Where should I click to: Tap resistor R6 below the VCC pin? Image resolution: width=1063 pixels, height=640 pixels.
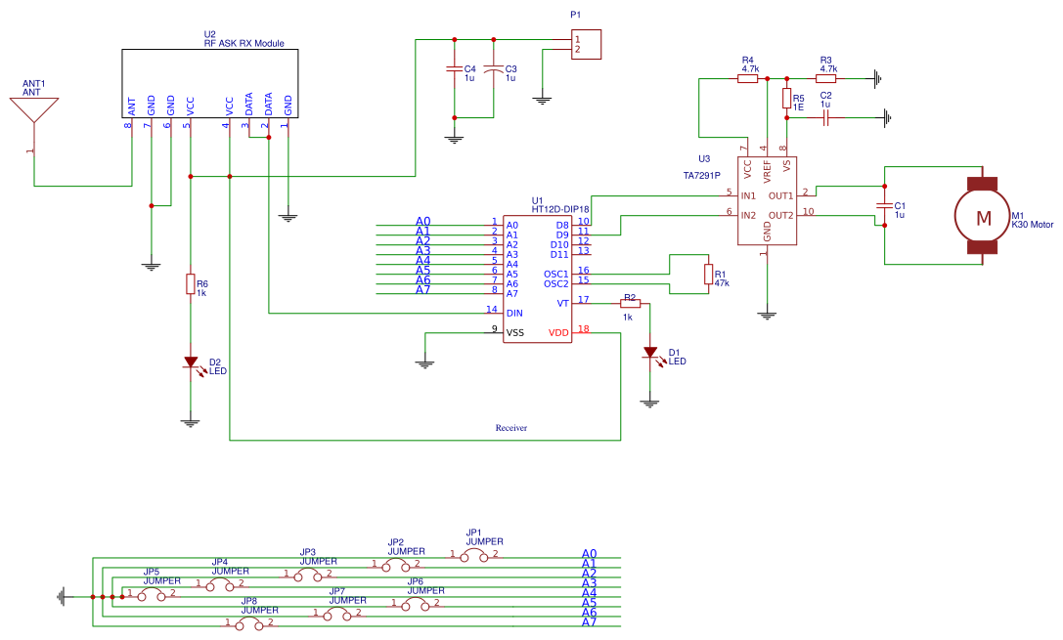(x=190, y=284)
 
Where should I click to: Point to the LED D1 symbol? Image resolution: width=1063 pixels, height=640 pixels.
(x=649, y=353)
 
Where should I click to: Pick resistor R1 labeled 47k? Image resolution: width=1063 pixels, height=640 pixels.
(x=708, y=275)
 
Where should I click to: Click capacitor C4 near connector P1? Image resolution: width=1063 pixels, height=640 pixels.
(x=453, y=69)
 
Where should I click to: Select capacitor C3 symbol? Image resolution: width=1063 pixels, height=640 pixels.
(x=494, y=69)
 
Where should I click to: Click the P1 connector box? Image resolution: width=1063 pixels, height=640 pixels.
(x=586, y=44)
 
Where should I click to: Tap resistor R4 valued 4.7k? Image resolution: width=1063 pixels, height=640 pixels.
(x=747, y=78)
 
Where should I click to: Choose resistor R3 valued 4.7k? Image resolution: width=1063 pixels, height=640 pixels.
(x=826, y=78)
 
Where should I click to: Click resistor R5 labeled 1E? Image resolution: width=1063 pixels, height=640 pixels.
(x=786, y=99)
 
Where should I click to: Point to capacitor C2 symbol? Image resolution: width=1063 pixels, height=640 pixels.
(x=826, y=117)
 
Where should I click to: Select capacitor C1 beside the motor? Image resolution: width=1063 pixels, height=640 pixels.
(x=884, y=206)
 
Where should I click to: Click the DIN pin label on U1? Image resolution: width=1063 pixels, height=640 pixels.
(x=514, y=314)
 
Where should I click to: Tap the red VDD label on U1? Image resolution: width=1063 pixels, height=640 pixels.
(x=558, y=333)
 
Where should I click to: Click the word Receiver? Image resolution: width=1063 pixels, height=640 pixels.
(x=511, y=428)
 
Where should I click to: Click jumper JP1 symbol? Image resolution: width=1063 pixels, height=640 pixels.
(x=474, y=554)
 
